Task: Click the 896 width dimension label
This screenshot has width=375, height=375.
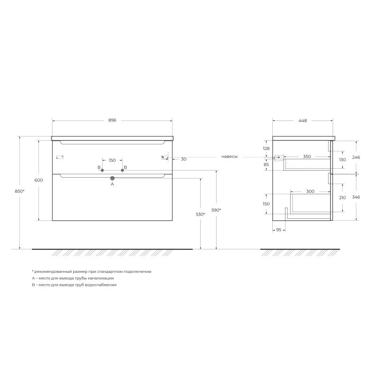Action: pos(112,120)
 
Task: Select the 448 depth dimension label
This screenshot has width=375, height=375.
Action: pos(303,120)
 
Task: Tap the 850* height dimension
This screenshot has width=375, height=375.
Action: pos(19,191)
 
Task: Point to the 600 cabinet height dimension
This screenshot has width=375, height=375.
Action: pos(39,180)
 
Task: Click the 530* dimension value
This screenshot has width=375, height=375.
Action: pos(201,214)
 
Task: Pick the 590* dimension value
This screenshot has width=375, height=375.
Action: pos(216,210)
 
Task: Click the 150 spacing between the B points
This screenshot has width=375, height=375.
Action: pos(112,160)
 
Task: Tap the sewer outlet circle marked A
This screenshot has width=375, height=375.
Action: pos(112,178)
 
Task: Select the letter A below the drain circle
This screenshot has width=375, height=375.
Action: pos(112,184)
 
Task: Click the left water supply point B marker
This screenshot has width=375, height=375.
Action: pos(102,170)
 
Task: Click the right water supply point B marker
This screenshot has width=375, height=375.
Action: pos(122,170)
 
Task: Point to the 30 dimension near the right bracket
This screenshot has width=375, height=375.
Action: pos(183,159)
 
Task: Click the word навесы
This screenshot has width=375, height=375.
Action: pos(229,157)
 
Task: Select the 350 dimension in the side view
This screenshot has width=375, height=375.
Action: pos(307,156)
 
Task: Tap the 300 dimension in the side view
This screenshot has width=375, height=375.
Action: pos(310,191)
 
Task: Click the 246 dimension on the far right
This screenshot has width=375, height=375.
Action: pos(356,157)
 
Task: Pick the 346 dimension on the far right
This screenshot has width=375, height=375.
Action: pos(356,197)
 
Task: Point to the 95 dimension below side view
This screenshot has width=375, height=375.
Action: pos(278,230)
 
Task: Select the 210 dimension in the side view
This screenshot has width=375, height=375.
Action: pos(342,197)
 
